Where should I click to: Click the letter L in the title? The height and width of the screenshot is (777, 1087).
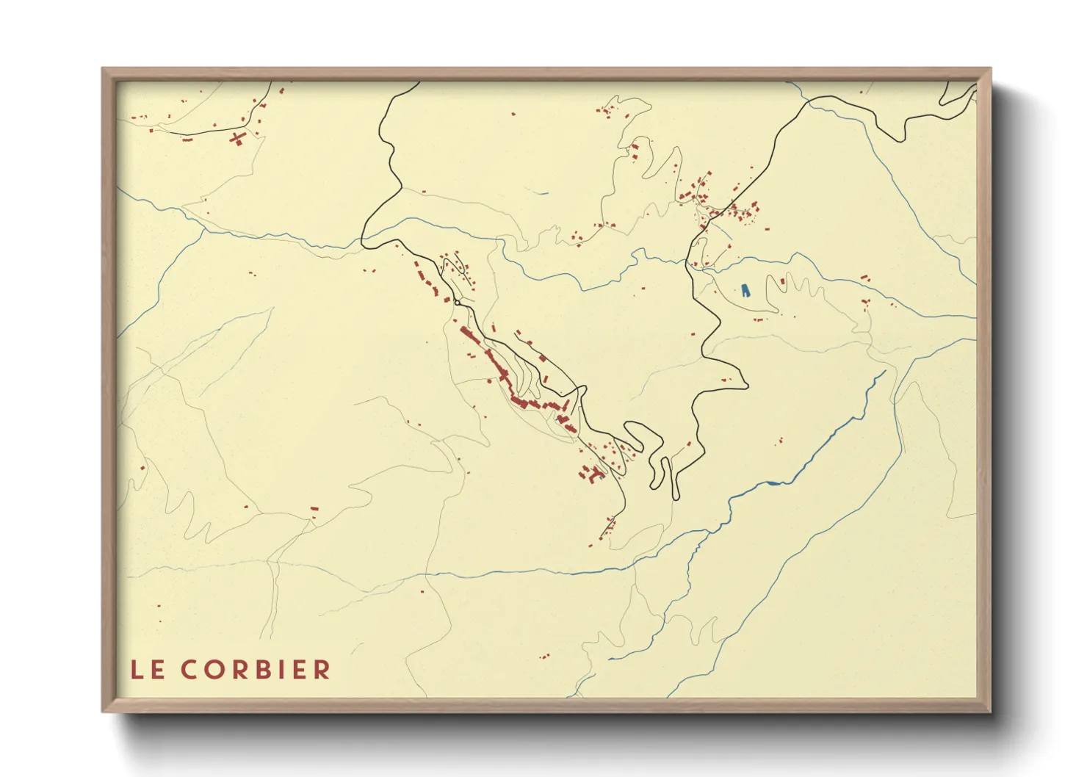(x=137, y=670)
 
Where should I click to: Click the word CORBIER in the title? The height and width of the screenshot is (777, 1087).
(x=256, y=670)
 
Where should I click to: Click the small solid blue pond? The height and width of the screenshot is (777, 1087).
(x=746, y=290)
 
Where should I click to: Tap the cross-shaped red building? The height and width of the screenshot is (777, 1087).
(x=236, y=137)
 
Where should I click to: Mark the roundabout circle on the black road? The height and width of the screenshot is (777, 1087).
(x=457, y=302)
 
